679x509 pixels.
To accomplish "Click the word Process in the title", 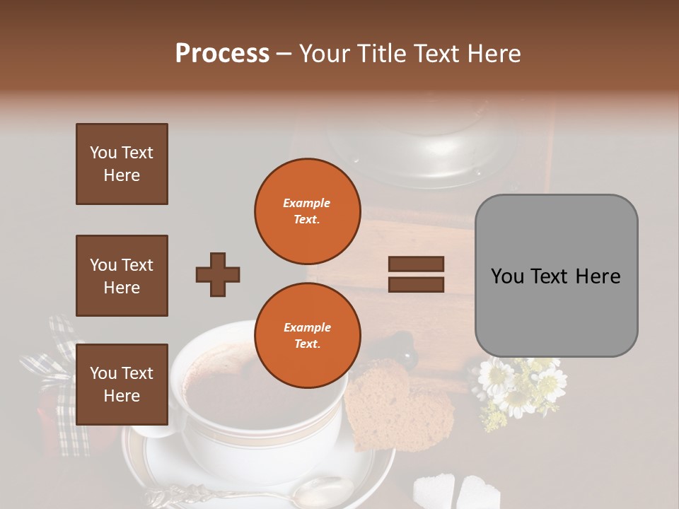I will pos(222,54).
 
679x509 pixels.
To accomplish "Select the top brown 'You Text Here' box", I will pos(122,164).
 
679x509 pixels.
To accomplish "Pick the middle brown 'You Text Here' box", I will pos(122,276).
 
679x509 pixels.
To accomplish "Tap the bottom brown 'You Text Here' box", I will pos(122,384).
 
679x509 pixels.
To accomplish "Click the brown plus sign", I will pos(218,274).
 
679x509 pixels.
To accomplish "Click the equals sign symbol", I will pos(416,274).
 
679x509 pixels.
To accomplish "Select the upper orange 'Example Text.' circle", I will pos(307,211).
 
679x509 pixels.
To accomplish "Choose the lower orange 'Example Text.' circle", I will pos(307,335).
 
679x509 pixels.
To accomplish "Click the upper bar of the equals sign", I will pos(416,264).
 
